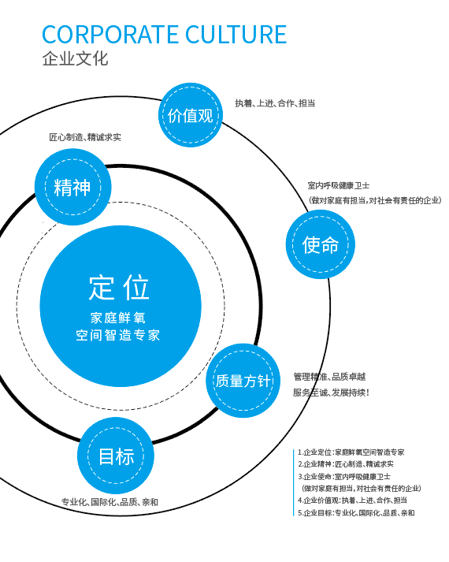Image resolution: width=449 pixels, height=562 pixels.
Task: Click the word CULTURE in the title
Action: tap(236, 35)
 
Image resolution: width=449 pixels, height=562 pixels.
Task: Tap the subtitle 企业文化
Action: tap(75, 59)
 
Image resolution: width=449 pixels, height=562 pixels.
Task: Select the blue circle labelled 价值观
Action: tap(191, 116)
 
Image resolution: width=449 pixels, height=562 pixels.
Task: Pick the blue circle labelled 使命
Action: tap(320, 244)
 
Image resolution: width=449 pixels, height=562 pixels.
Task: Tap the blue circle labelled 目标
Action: tap(116, 456)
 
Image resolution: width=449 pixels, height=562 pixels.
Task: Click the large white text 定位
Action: tap(119, 288)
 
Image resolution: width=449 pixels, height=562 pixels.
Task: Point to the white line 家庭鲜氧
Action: tap(119, 318)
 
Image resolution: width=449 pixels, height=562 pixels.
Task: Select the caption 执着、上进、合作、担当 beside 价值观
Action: tap(275, 103)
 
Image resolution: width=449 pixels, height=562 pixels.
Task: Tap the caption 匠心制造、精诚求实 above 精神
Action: tap(85, 137)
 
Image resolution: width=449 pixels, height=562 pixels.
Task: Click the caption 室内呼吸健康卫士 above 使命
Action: tap(338, 185)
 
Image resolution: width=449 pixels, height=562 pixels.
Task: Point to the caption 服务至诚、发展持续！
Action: tap(331, 392)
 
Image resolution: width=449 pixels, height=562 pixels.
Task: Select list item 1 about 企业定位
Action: tap(351, 452)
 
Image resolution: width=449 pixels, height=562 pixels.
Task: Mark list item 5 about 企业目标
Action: tap(356, 512)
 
